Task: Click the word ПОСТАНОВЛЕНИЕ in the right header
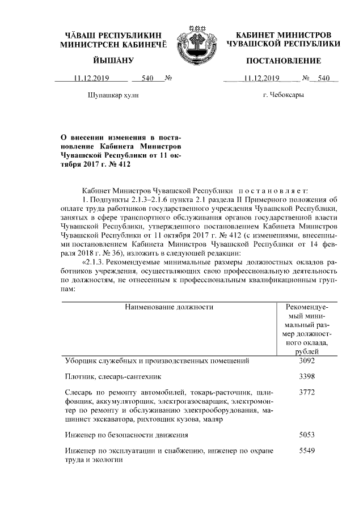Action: click(284, 61)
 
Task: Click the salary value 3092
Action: click(306, 361)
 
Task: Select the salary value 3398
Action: click(306, 376)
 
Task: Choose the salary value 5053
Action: click(306, 435)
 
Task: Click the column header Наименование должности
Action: click(170, 307)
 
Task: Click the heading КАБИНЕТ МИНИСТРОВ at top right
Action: click(284, 35)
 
